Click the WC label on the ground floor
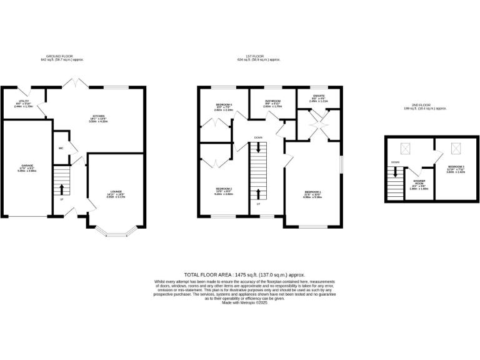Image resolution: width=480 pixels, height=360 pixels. [60, 148]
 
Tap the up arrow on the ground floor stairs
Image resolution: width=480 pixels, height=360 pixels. [61, 189]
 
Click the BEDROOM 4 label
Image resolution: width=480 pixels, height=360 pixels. [224, 106]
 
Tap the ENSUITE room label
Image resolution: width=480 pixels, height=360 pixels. [319, 97]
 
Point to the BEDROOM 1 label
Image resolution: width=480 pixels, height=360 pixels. [312, 193]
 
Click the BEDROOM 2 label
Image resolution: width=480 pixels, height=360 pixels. [224, 190]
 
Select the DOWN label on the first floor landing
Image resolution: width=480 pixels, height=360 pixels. [258, 137]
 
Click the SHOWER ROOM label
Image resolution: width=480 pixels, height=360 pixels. [419, 182]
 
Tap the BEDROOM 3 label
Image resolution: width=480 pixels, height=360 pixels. [455, 169]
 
